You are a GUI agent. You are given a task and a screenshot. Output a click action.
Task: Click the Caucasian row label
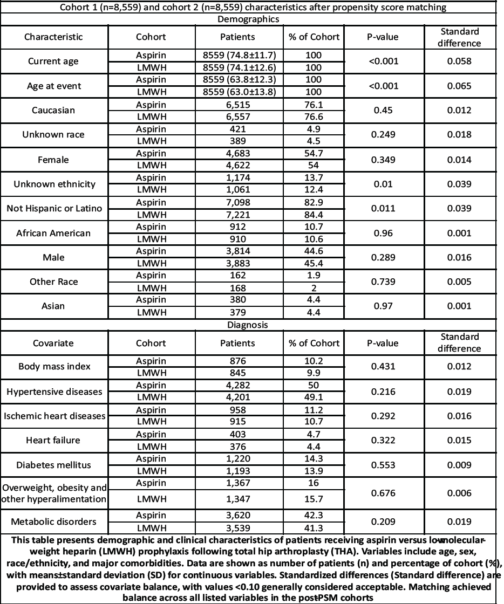53,111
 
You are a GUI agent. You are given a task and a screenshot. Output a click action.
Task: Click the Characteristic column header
53,37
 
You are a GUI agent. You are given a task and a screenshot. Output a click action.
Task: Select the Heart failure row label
53,440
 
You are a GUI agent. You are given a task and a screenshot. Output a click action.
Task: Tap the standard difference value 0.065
459,86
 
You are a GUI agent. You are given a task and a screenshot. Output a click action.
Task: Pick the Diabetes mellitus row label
53,465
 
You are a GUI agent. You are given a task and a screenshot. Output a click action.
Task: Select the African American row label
53,233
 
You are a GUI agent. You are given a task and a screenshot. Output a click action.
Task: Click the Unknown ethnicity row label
53,184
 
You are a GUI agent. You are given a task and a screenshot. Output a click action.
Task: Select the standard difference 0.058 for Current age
459,61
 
